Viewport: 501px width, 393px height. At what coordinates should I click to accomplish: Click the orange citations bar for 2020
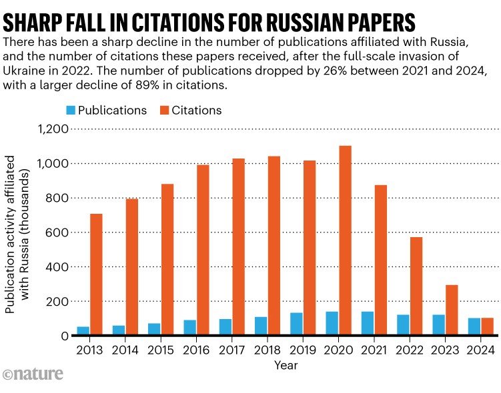(x=345, y=240)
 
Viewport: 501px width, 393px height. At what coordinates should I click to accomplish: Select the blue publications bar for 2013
(x=83, y=331)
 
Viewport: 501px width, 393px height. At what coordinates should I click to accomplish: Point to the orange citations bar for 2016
(x=203, y=250)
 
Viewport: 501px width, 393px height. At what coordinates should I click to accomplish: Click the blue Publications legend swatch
(x=71, y=110)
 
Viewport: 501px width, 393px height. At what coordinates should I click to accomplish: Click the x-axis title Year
(x=285, y=365)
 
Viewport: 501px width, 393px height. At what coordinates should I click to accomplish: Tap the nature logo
(x=33, y=374)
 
